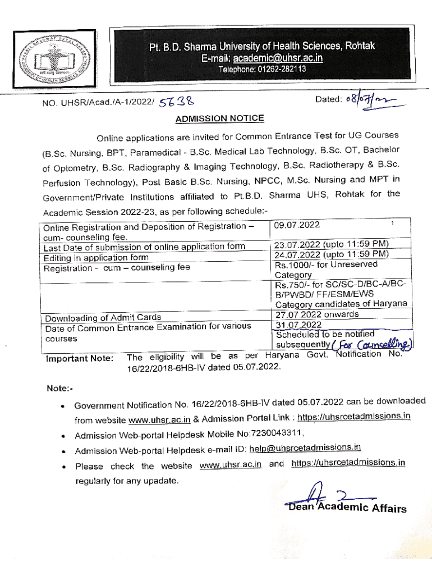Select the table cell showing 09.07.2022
[x=297, y=225]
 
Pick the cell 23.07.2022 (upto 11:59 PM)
[x=332, y=244]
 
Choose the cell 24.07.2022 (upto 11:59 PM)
[x=332, y=254]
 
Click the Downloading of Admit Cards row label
[x=103, y=318]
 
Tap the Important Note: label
[x=80, y=358]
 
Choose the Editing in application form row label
[x=96, y=258]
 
